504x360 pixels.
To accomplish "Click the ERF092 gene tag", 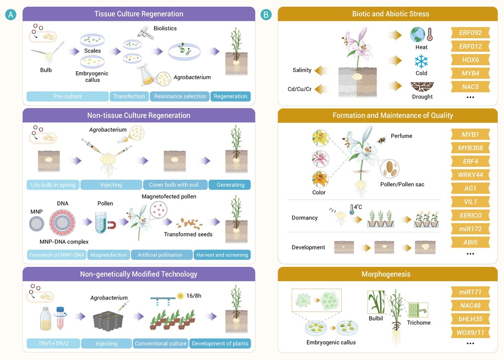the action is point(470,32).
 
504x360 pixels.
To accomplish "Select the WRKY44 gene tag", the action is point(470,175).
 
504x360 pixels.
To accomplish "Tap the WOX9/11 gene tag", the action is point(470,332).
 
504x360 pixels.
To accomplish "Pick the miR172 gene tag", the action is point(470,229).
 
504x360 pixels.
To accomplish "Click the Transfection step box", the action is point(129,96).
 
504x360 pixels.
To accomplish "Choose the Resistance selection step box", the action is point(180,96).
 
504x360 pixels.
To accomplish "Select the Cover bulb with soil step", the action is point(174,185).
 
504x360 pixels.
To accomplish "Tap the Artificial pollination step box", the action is point(160,255).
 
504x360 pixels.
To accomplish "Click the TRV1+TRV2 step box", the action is point(53,343).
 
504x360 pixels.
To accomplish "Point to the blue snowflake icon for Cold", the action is point(421,61).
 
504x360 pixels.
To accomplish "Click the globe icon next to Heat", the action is point(417,34).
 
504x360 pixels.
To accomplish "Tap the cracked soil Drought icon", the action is point(422,87).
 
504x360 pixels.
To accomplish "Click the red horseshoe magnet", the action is point(111,225).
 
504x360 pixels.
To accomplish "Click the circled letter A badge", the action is point(10,14).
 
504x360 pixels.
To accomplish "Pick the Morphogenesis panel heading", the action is point(386,274).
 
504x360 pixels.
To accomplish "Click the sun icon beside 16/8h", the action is point(180,296).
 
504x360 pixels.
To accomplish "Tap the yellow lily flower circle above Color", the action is point(320,138).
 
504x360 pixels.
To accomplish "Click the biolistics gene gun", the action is point(145,32).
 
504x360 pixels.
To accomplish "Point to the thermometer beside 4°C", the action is point(352,210).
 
